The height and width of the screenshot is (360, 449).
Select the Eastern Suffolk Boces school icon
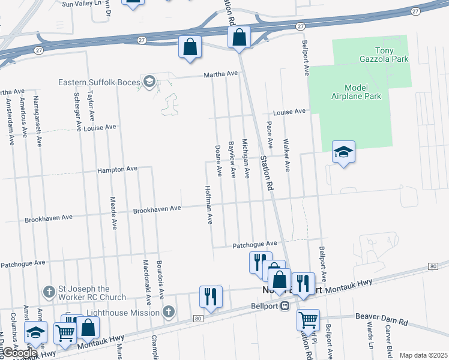click(149, 82)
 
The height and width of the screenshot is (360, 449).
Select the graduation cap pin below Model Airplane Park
click(343, 152)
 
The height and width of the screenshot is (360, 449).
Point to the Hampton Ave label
click(118, 170)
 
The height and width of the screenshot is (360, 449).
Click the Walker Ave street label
click(287, 155)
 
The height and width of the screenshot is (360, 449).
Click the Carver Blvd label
click(389, 341)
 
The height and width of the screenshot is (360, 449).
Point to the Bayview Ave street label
click(232, 159)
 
